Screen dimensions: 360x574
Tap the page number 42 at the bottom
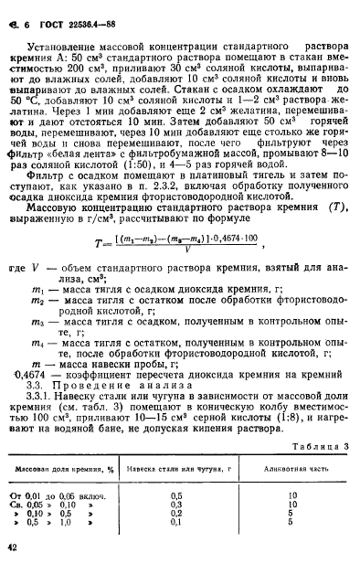pos(13,547)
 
